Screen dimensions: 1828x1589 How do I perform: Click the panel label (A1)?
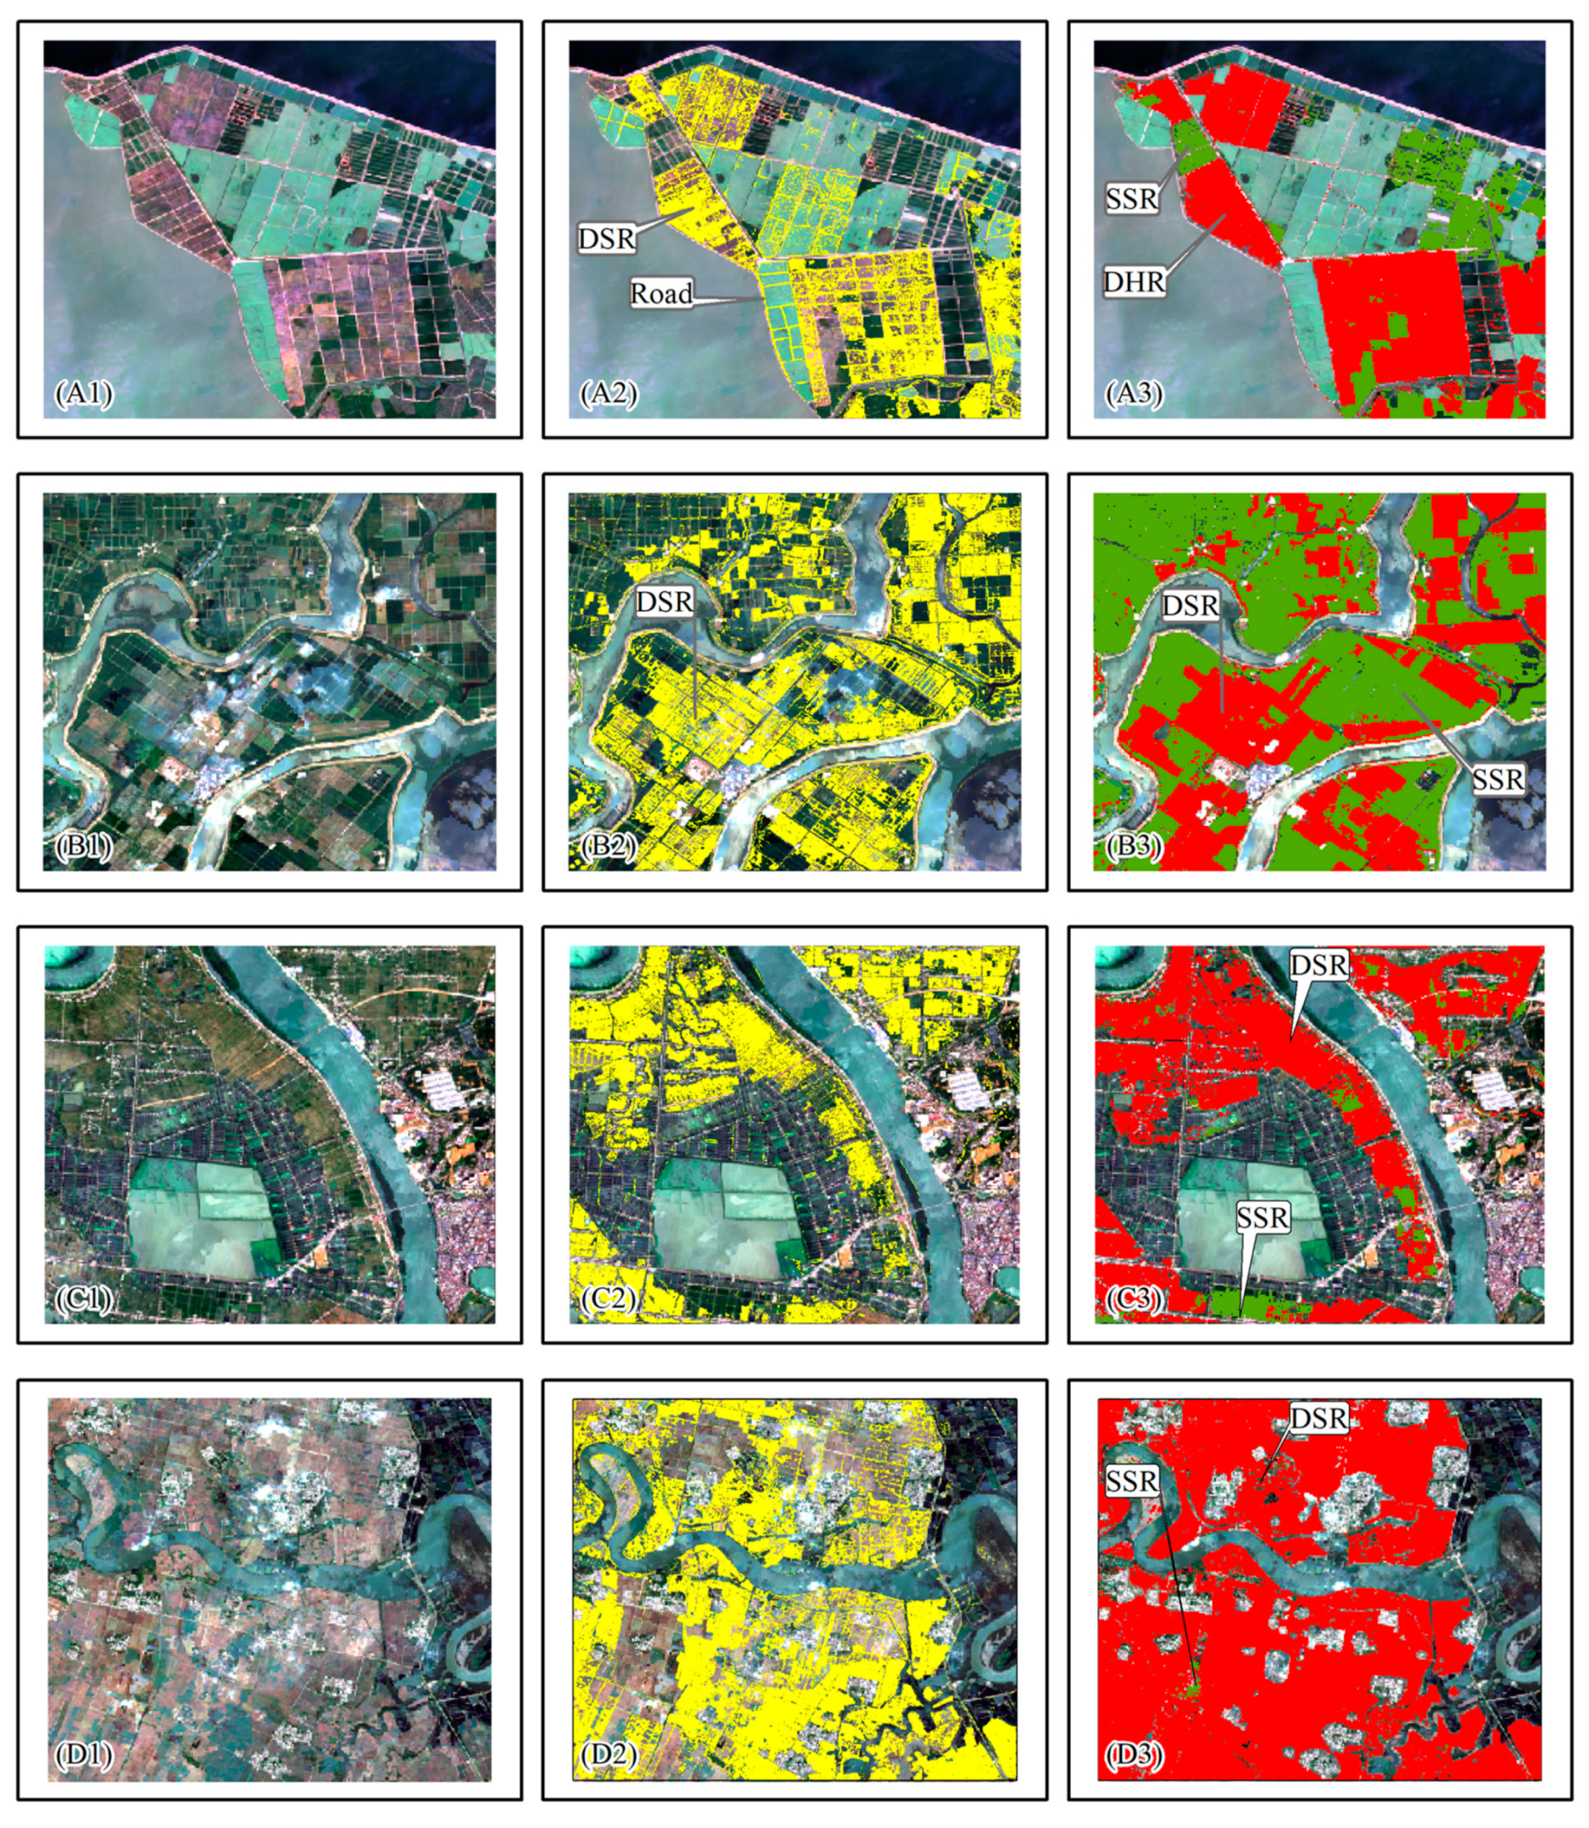click(x=84, y=393)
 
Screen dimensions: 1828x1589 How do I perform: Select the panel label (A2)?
click(x=609, y=393)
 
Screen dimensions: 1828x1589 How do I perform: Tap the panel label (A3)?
click(x=1134, y=393)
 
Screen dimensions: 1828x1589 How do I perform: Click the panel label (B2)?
click(x=608, y=847)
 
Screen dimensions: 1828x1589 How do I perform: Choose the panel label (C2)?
click(x=608, y=1300)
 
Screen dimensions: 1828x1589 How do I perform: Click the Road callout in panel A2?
click(x=662, y=294)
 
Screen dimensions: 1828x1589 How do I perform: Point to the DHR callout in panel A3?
click(x=1134, y=282)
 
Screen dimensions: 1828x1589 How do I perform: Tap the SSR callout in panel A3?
click(x=1132, y=199)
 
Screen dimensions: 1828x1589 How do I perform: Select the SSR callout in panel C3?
click(x=1263, y=1218)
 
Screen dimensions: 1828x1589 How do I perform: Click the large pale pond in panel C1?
click(x=199, y=1224)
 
